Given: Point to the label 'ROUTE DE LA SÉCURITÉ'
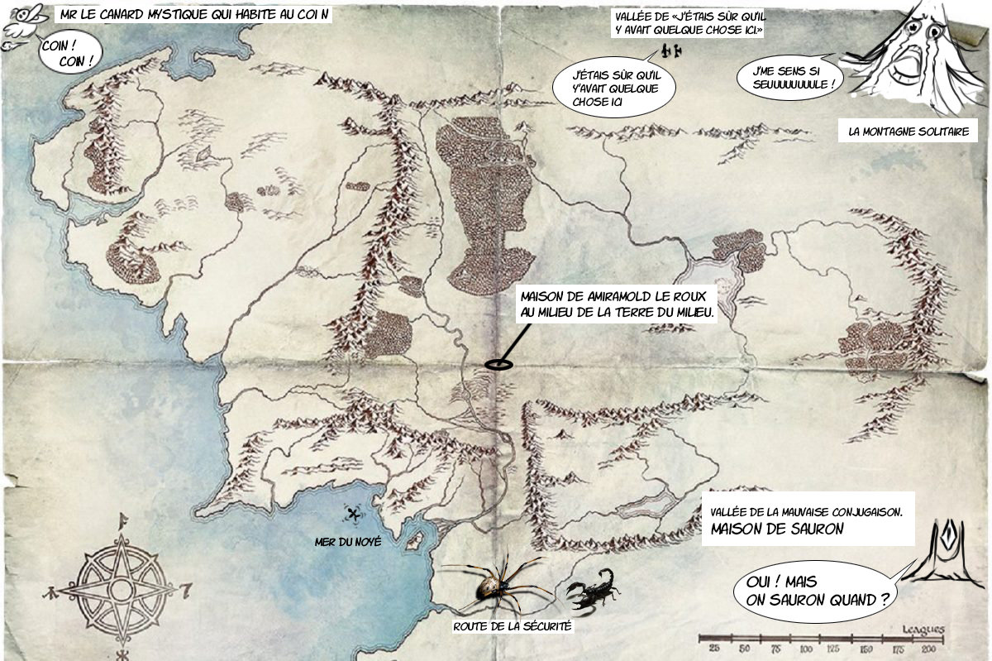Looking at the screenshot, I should click(x=513, y=626).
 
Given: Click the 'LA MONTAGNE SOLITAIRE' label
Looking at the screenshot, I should click(x=907, y=131).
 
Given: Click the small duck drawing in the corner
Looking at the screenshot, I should click(x=18, y=23).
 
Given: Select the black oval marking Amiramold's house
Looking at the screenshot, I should click(x=498, y=365).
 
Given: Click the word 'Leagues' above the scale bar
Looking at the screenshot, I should click(x=924, y=628).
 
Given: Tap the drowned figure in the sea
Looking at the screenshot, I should click(x=355, y=515).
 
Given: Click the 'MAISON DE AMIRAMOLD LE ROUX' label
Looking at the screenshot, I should click(x=616, y=304).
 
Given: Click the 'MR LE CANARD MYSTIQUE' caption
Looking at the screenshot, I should click(x=195, y=15).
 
